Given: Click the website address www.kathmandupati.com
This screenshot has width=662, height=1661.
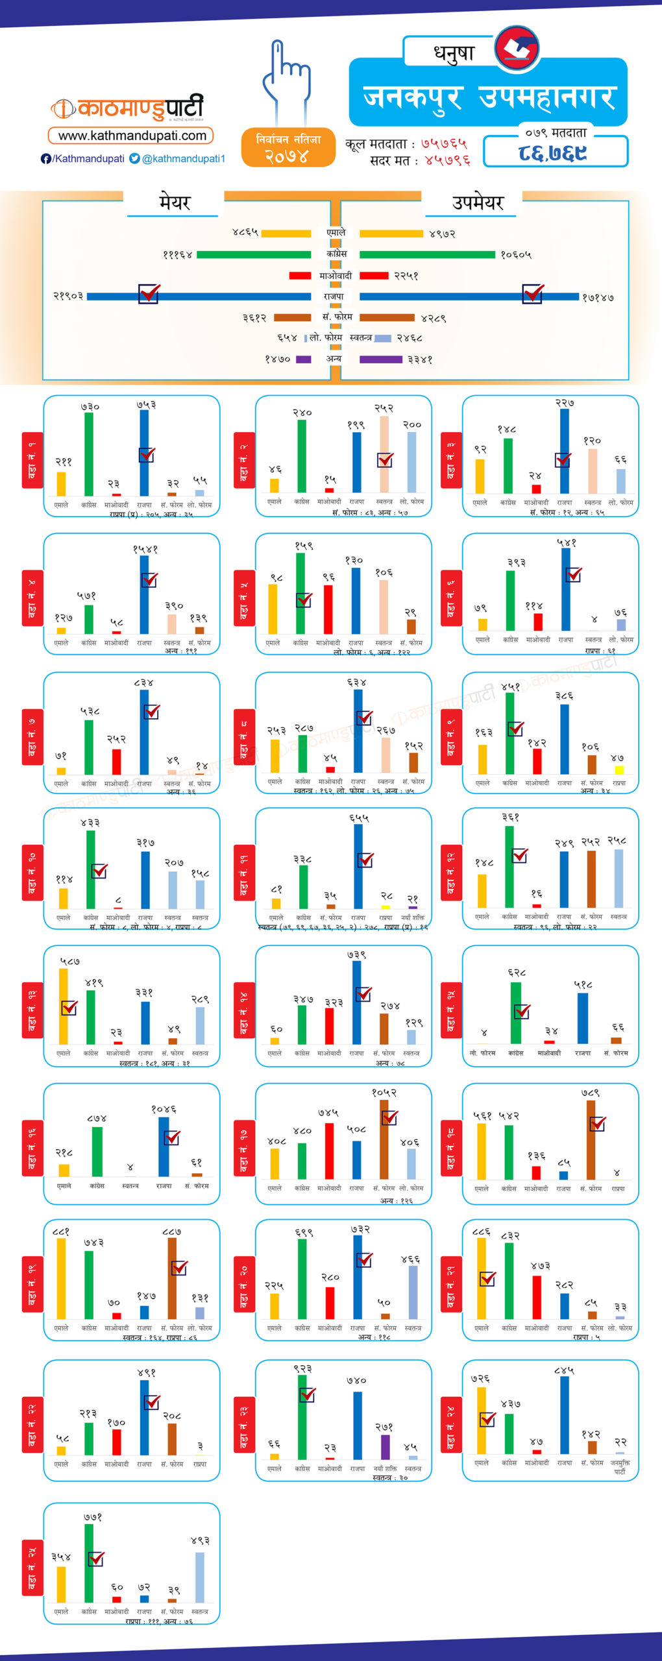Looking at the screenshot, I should pos(132,136).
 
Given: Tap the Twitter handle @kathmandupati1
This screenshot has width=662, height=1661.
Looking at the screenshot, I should pos(183,158).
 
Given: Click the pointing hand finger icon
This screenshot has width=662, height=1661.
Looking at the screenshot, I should pos(285,79).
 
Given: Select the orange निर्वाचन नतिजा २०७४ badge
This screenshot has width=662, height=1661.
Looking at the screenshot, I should pos(288,148).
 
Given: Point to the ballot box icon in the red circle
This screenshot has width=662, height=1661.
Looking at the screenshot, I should pos(517,48).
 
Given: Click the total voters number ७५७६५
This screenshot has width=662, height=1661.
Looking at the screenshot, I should pos(443,143).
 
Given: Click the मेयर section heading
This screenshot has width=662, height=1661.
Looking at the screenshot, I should pos(174,202).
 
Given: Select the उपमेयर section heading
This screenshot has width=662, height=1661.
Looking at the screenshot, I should pos(477,202).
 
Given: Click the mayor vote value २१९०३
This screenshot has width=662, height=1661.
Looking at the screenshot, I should pos(68,296).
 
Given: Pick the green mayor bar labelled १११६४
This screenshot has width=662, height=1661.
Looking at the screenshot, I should pos(253,254).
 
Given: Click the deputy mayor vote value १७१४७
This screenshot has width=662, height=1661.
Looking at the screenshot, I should pos(598,298).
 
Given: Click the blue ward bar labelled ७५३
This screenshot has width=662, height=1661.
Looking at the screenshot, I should pos(144,453).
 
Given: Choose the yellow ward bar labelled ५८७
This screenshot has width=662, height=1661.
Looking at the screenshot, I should pos(63,1006).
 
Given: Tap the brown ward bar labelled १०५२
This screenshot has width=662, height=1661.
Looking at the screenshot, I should pos(384,1139).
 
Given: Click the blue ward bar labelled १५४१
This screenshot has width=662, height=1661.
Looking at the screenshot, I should pos(144,594).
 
